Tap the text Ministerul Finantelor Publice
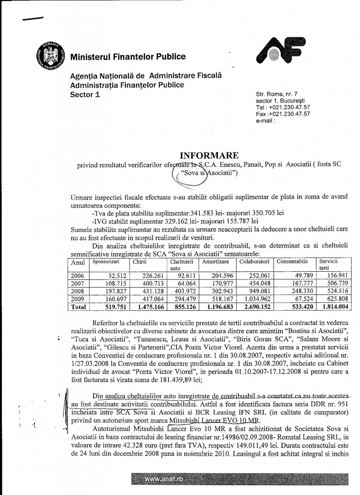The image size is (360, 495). [x=128, y=57]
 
